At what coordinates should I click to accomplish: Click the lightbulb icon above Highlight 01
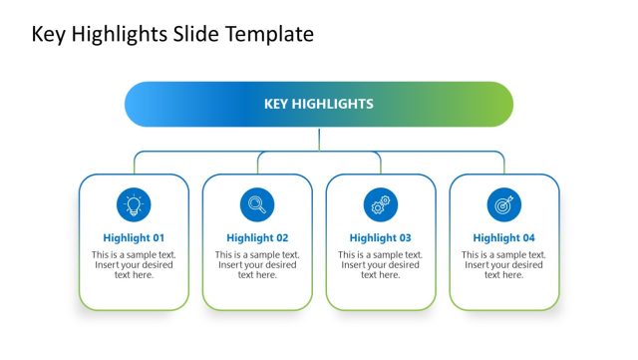[x=134, y=204]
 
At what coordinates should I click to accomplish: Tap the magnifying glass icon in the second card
[x=257, y=204]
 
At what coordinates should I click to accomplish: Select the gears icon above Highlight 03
[x=380, y=204]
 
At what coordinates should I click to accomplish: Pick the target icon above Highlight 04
[x=503, y=204]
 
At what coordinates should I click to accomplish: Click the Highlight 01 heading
[x=134, y=238]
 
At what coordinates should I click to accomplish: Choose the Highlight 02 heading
[x=257, y=238]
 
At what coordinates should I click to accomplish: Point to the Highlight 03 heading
[x=380, y=238]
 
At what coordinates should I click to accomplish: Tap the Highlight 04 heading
[x=503, y=238]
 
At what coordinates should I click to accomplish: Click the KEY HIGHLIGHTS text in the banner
[x=319, y=104]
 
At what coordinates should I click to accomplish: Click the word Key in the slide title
[x=49, y=34]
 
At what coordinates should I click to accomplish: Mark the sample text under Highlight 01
[x=134, y=264]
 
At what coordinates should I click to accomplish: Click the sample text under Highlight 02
[x=257, y=264]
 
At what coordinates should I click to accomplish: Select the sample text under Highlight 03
[x=380, y=264]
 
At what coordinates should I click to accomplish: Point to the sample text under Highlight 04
[x=503, y=264]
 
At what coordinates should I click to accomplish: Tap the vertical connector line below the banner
[x=319, y=139]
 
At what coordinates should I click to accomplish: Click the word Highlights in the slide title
[x=122, y=34]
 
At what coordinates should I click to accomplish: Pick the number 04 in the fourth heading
[x=527, y=238]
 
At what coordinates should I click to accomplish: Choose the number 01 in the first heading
[x=157, y=238]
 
